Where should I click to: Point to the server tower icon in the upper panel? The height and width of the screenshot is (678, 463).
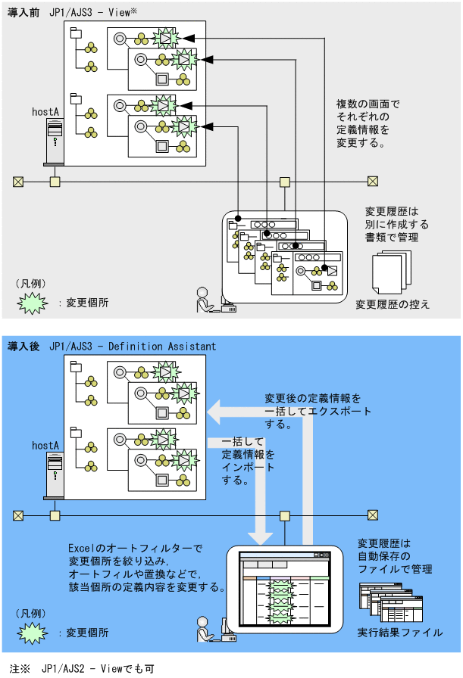(x=54, y=142)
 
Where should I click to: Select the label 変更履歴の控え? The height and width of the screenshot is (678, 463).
(x=393, y=303)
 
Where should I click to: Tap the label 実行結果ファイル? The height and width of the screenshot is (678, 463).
(x=399, y=632)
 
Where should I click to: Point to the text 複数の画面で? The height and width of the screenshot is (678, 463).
(x=368, y=104)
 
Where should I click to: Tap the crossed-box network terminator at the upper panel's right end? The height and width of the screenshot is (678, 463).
(x=373, y=181)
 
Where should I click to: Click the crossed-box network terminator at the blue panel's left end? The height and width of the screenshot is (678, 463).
(x=18, y=515)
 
